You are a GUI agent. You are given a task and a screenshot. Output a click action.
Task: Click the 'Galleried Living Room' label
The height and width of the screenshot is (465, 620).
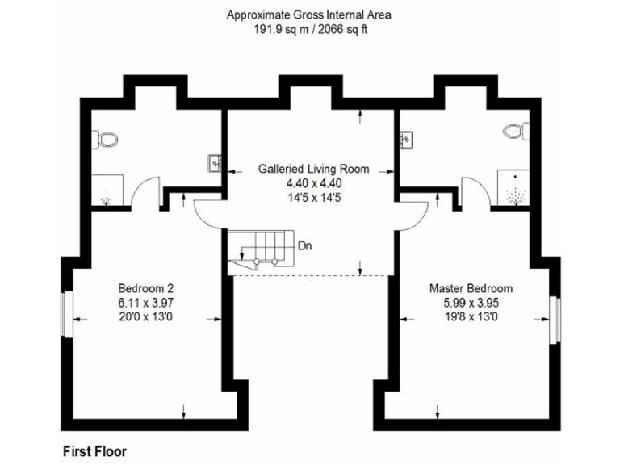[313, 170]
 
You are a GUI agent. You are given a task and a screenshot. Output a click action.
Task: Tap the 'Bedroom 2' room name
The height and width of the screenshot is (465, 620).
[146, 288]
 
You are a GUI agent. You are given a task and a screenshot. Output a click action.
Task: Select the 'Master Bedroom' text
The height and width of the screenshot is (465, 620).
[471, 288]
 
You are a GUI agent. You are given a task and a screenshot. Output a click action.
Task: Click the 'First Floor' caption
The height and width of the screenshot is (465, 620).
[94, 450]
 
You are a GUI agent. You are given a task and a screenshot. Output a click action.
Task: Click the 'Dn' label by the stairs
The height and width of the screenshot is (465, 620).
[305, 245]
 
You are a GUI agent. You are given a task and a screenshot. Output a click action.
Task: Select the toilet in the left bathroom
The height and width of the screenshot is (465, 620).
[107, 140]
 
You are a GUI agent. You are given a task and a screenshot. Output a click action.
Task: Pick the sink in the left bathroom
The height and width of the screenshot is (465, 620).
[216, 163]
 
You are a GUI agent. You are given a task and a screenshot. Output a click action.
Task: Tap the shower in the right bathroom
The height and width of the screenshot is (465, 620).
[512, 190]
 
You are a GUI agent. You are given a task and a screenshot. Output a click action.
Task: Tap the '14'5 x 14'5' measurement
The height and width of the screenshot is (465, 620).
[313, 196]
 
